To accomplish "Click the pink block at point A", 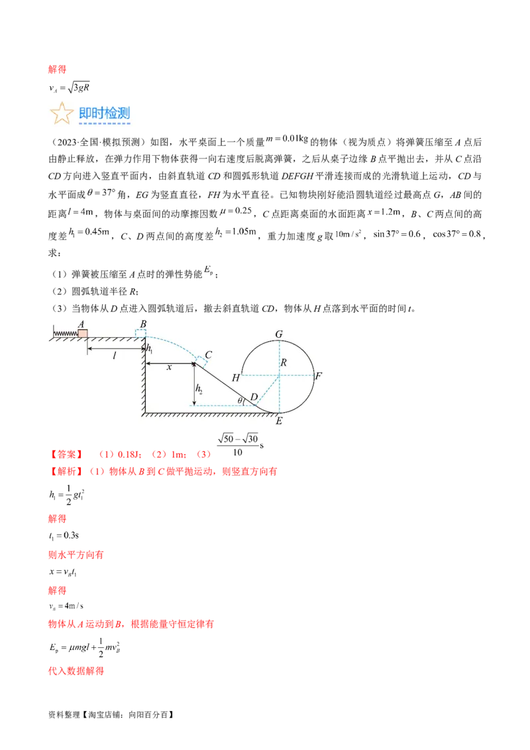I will click(83, 333).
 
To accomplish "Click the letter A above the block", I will click(81, 324).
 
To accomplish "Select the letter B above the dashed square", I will click(142, 324).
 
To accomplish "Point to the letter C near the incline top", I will click(207, 355).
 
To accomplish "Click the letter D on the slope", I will click(253, 397).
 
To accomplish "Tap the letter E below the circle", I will click(279, 420).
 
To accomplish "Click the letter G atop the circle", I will click(279, 335).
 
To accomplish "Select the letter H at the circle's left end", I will click(235, 378).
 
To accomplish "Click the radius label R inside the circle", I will click(284, 362).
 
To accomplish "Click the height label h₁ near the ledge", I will click(150, 348).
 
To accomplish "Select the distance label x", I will click(169, 367).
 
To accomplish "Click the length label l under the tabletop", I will click(114, 356).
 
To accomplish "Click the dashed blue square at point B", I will click(140, 333).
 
